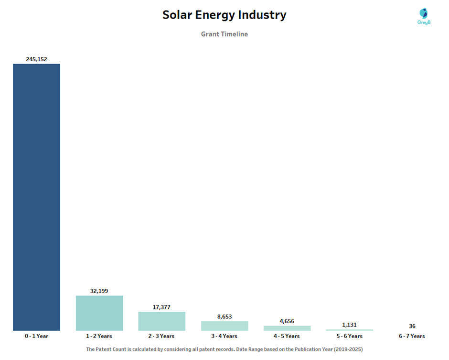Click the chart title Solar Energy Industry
click(224, 15)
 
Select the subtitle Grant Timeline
click(224, 34)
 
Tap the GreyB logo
click(424, 16)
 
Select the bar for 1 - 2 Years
click(99, 313)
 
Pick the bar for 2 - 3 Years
click(162, 321)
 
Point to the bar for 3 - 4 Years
click(224, 326)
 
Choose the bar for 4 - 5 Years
click(287, 328)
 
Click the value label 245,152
click(36, 59)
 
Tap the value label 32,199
click(99, 291)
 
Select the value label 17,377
click(161, 307)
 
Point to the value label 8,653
click(224, 316)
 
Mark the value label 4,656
click(287, 321)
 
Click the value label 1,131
click(349, 325)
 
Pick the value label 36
click(412, 326)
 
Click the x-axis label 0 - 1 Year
click(36, 336)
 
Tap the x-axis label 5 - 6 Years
click(349, 336)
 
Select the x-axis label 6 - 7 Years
click(412, 336)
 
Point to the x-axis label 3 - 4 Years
click(224, 336)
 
